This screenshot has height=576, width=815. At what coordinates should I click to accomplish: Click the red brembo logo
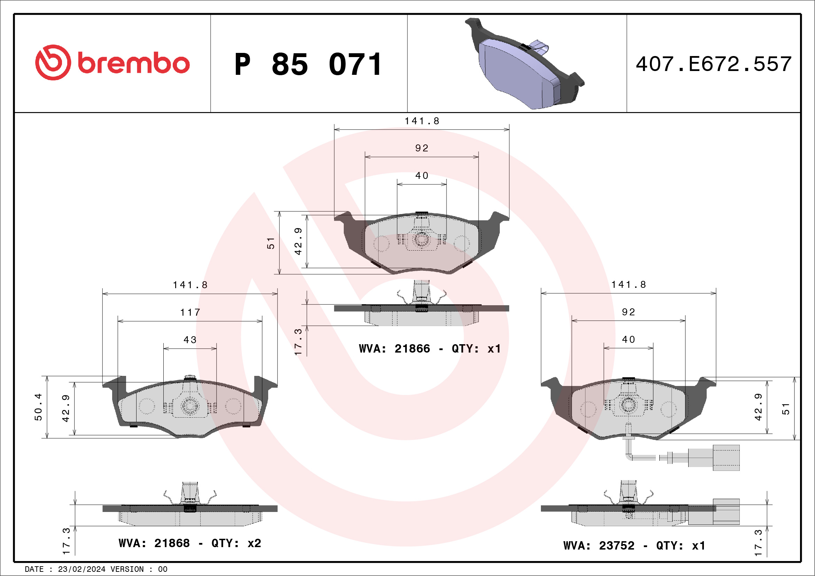click(112, 63)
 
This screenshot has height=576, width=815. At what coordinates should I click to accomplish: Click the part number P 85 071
click(308, 64)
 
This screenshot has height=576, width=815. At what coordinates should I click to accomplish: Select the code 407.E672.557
click(714, 64)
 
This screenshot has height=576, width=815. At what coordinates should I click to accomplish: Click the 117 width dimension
click(190, 313)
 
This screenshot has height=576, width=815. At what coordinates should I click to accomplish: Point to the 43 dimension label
click(190, 340)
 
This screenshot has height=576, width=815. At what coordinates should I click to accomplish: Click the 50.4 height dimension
click(38, 407)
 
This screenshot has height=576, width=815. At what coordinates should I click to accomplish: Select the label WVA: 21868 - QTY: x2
click(190, 543)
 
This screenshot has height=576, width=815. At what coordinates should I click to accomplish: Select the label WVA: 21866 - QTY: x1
click(430, 349)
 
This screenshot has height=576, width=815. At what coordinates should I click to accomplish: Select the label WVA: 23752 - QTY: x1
click(634, 545)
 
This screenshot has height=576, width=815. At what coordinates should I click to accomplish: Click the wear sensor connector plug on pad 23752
click(714, 458)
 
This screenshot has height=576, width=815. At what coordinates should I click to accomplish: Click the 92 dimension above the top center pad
click(422, 148)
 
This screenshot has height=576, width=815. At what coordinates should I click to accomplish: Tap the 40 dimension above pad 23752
click(628, 339)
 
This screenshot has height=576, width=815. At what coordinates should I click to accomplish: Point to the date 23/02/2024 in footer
click(81, 569)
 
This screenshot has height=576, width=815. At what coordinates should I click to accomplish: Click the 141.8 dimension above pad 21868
click(190, 285)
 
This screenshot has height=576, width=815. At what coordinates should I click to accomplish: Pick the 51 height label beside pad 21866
click(271, 243)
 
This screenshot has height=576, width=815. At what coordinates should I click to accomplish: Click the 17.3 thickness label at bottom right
click(758, 543)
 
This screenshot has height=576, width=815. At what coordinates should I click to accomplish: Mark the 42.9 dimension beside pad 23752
click(758, 407)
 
